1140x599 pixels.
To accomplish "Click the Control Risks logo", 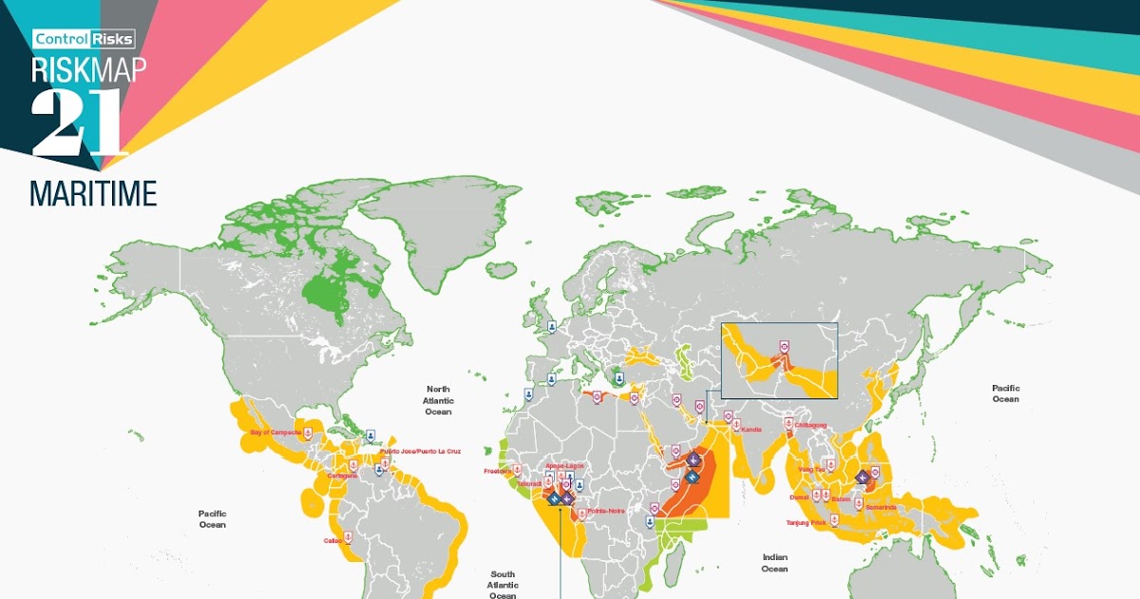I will pos(85,39).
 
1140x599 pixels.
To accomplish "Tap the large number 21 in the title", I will pos(78,124).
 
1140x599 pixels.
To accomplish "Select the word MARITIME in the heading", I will pos(93,194).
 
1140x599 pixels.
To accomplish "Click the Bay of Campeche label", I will pos(275,433).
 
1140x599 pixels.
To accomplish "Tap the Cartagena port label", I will pos(342,475).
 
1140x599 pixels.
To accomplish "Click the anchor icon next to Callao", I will pos(348,536).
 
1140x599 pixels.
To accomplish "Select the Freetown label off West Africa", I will pos(498,471).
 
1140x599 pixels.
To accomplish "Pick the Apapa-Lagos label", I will pos(563,465).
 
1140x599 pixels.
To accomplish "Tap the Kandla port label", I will pos(750,429).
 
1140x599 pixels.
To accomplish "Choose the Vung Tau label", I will pos(811,469).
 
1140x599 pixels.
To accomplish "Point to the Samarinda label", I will pos(880,507).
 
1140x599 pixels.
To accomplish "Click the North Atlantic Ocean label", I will pos(438,395).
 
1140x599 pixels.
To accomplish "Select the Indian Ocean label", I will pos(774,563).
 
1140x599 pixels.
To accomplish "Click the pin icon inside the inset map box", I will pos(784,346).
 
